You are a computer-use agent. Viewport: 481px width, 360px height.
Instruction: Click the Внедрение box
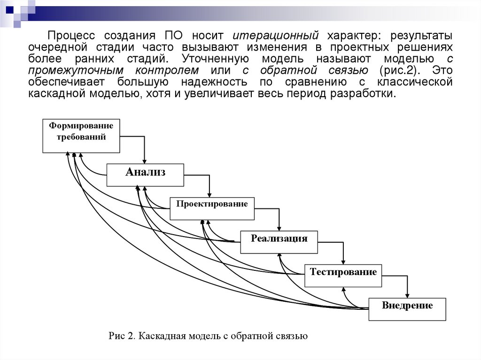point(407,309)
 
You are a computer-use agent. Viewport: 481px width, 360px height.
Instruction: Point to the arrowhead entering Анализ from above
point(145,161)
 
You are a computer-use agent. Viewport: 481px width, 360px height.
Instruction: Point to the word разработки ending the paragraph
point(367,93)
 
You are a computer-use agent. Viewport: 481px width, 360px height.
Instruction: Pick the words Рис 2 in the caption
point(121,336)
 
